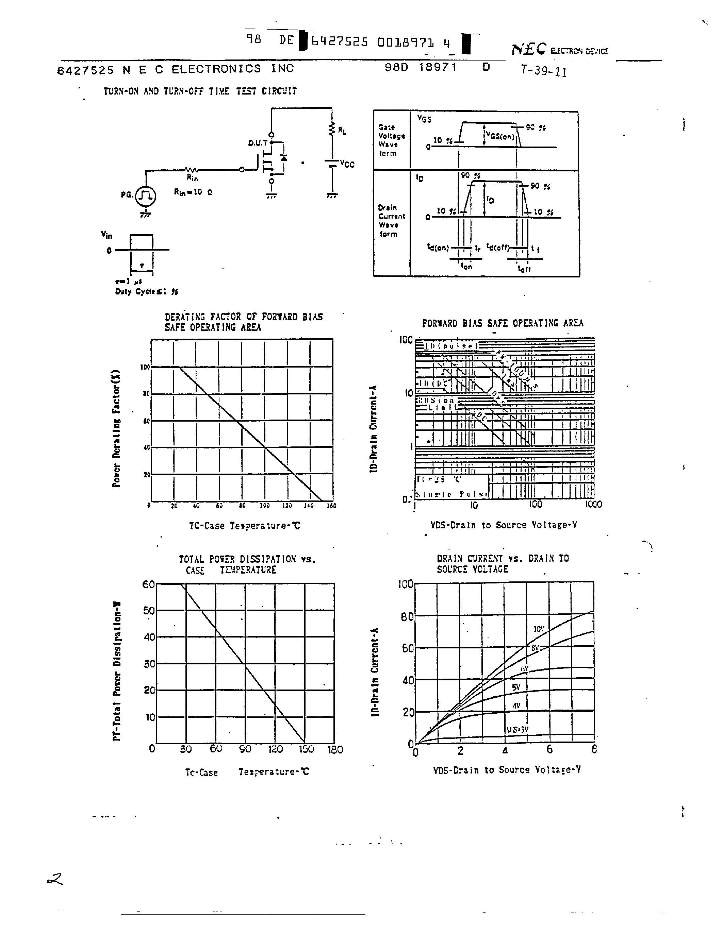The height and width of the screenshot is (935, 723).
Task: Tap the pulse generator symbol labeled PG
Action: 146,196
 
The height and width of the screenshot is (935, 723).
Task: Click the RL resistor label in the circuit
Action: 342,131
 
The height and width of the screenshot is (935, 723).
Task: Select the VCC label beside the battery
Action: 347,165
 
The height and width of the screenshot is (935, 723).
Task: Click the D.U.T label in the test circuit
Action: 258,143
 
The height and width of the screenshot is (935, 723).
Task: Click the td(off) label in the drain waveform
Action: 498,248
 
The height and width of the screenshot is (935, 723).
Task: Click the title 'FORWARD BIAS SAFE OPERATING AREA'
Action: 503,323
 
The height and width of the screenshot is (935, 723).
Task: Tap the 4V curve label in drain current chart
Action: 516,705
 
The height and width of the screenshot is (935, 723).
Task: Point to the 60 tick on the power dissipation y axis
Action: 148,584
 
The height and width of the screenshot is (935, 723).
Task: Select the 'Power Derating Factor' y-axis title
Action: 116,428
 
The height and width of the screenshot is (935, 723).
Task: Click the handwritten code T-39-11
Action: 544,71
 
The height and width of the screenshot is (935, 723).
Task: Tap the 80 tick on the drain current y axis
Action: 407,617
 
